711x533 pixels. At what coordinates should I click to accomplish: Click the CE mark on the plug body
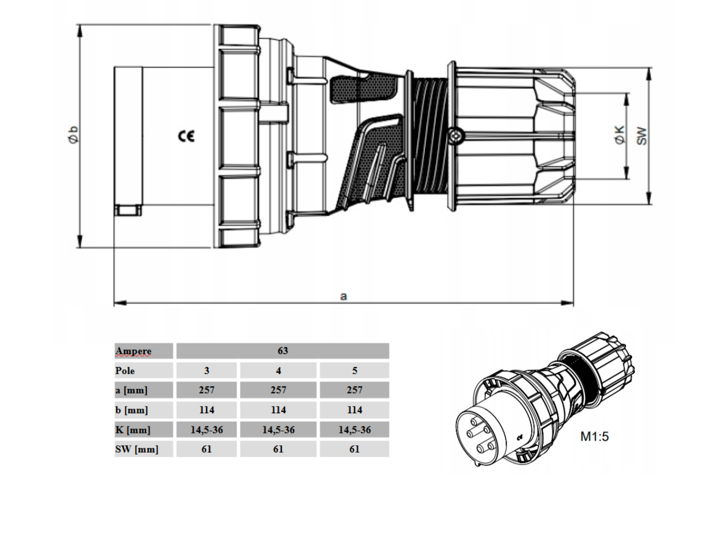tap(186, 136)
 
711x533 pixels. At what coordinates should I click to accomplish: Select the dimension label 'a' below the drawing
tap(344, 295)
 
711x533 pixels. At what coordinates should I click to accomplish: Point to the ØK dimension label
tap(620, 135)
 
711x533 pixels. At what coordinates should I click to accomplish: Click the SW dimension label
tap(642, 135)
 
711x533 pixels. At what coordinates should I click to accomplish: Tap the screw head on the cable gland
tap(456, 136)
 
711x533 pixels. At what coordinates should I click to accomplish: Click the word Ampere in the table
tap(133, 351)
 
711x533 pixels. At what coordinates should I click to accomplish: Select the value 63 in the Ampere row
tap(282, 351)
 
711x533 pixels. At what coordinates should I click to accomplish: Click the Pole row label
tap(125, 371)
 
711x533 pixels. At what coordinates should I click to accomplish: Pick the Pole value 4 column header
tap(278, 371)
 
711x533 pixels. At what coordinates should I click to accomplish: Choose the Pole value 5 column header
tap(354, 371)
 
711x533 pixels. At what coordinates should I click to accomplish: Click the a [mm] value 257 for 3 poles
tap(206, 390)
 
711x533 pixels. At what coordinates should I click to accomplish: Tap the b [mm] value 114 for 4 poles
tap(278, 410)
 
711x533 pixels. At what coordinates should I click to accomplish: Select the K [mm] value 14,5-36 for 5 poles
tap(354, 429)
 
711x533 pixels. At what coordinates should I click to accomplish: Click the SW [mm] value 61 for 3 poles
tap(206, 449)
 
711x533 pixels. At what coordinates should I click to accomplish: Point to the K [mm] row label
tap(133, 430)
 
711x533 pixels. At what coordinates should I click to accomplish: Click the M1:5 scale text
tap(594, 436)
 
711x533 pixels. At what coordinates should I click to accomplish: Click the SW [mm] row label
tap(136, 449)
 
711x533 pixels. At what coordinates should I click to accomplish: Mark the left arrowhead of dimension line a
tap(117, 303)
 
